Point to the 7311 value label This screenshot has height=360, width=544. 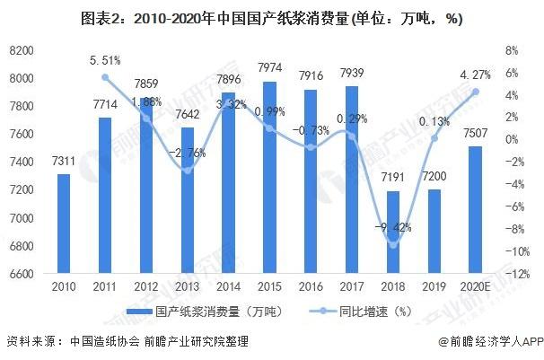tap(64, 161)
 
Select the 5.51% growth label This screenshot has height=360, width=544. tap(105, 61)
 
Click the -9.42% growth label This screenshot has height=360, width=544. tap(391, 225)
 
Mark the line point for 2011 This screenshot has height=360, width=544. tap(105, 77)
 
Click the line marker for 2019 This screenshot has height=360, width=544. tap(434, 137)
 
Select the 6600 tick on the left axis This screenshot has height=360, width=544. tap(22, 274)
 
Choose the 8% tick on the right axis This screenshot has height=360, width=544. tap(510, 51)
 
